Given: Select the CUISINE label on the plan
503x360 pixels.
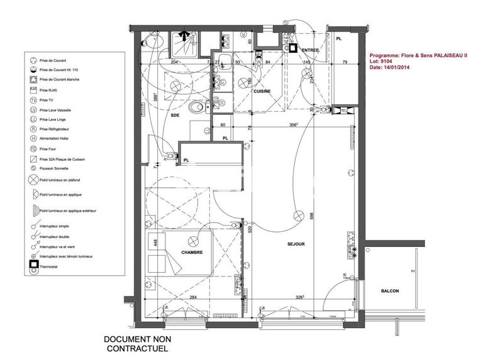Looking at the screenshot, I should pos(262,92).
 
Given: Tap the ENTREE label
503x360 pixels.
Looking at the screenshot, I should pos(311,50).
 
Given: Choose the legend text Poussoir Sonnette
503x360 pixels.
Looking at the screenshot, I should pos(54,168).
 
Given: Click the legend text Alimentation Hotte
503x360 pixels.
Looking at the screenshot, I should pos(55,139).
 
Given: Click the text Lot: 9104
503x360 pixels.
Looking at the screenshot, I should pos(381,62).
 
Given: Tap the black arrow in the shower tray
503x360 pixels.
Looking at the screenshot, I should pos(184,37).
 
